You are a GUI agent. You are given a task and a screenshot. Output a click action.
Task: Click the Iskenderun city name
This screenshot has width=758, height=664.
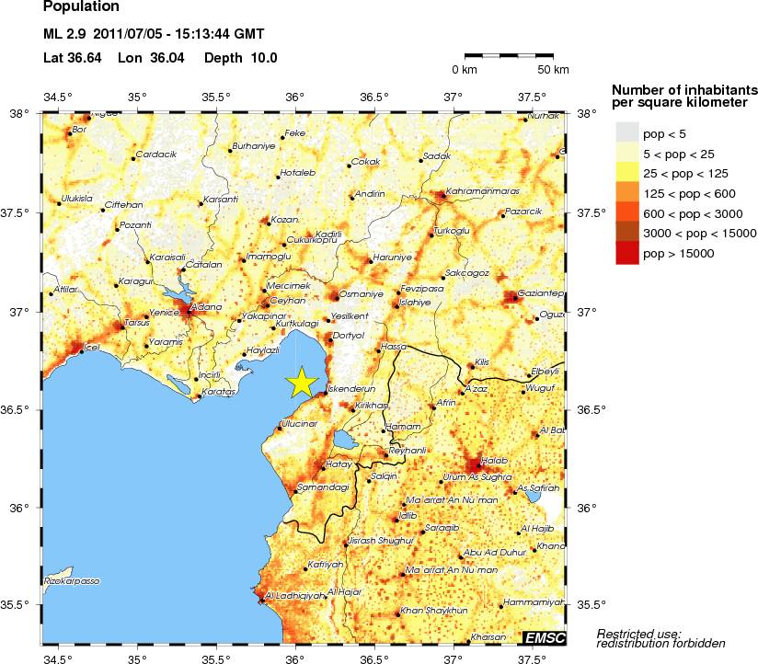347,388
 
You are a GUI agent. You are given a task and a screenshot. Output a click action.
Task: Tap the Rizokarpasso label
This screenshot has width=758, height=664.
72,581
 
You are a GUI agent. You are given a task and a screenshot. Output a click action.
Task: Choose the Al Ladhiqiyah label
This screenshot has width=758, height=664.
295,596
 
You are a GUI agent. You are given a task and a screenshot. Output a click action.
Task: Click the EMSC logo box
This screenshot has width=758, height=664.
544,637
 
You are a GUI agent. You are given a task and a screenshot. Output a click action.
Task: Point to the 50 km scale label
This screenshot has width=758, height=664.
553,70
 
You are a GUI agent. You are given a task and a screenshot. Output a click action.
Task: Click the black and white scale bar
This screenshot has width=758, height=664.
508,55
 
